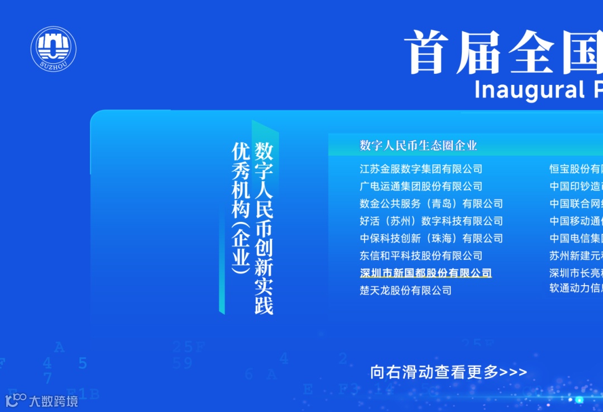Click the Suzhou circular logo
pyautogui.click(x=53, y=49)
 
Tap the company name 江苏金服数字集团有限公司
pyautogui.click(x=421, y=169)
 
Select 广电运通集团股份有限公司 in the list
pyautogui.click(x=421, y=186)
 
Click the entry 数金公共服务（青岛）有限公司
pyautogui.click(x=431, y=203)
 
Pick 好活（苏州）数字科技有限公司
pyautogui.click(x=431, y=221)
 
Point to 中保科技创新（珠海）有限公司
pyautogui.click(x=431, y=238)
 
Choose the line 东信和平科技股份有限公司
pyautogui.click(x=421, y=255)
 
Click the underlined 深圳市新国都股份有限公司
pyautogui.click(x=425, y=273)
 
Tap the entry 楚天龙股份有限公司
pyautogui.click(x=405, y=290)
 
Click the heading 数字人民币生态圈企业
pyautogui.click(x=418, y=146)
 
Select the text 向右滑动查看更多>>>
pyautogui.click(x=448, y=372)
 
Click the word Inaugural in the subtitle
pyautogui.click(x=521, y=89)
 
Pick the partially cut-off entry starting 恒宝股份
pyautogui.click(x=576, y=169)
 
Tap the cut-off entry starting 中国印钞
pyautogui.click(x=576, y=186)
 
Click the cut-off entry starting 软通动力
pyautogui.click(x=576, y=288)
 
